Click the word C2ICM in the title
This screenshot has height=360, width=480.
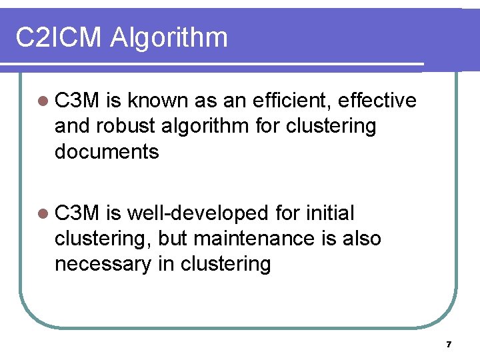point(59,37)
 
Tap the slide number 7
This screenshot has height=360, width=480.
point(449,345)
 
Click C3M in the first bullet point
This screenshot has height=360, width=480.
point(77,100)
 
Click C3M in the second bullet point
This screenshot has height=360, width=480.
point(77,213)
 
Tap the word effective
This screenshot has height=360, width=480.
point(377,100)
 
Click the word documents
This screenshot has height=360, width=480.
point(107,151)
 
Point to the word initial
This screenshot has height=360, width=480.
point(331,213)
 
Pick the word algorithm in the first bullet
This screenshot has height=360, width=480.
point(213,126)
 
